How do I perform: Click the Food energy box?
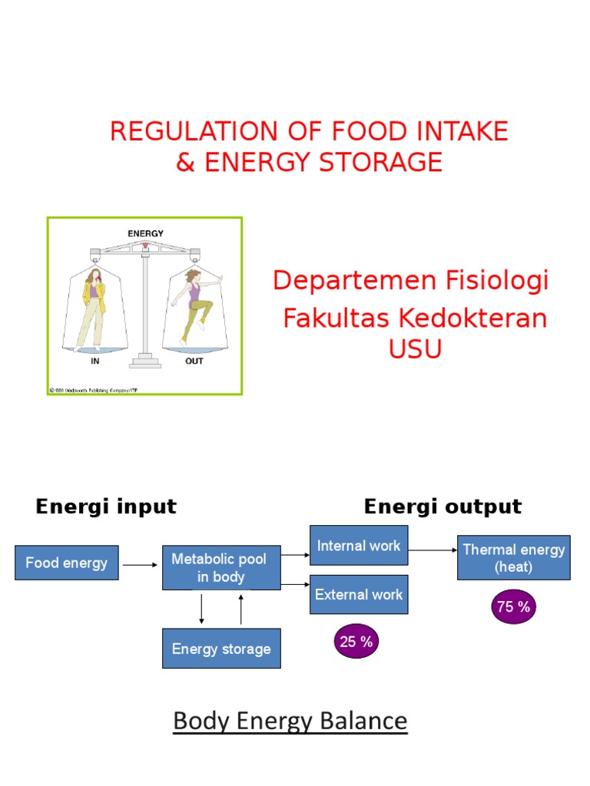pos(67,563)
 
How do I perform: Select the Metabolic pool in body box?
pos(221,568)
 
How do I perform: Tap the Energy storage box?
pos(221,649)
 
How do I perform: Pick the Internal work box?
pos(359,546)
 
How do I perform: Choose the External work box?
pos(359,594)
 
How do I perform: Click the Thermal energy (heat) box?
pos(513,558)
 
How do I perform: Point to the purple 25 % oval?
pos(356,642)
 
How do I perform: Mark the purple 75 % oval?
pos(514,607)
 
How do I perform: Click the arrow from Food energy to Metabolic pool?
pos(140,565)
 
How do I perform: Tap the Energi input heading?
pos(106,507)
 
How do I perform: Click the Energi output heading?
pos(442,507)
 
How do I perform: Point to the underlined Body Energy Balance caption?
pos(290,721)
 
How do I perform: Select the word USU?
pos(415,349)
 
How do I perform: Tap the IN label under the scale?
pos(96,361)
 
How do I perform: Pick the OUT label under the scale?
pos(194,361)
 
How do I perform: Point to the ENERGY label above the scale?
pos(145,233)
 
